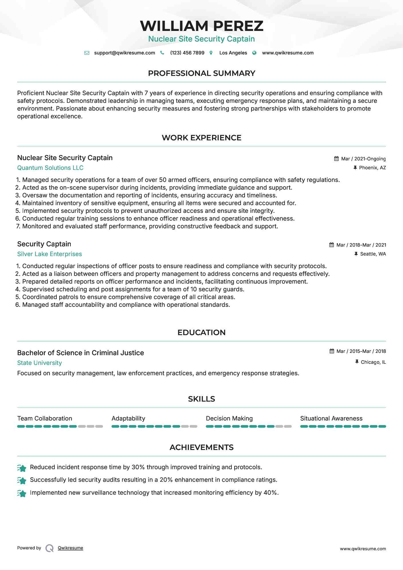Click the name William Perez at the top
(x=201, y=26)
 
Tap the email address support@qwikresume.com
(x=124, y=53)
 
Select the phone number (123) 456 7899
(x=187, y=53)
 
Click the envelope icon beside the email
(x=87, y=53)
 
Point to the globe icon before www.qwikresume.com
(x=254, y=53)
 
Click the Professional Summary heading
(x=201, y=73)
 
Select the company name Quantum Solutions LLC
(x=50, y=168)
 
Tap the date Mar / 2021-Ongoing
(x=363, y=159)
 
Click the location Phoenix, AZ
(x=372, y=168)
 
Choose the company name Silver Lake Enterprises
(x=49, y=254)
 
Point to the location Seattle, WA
(x=373, y=254)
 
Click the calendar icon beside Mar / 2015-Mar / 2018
(x=332, y=351)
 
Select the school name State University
(x=39, y=363)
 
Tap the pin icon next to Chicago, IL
(x=357, y=362)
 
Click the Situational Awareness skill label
(x=331, y=418)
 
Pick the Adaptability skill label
(x=128, y=418)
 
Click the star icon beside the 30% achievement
(x=22, y=468)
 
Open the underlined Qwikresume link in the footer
(x=70, y=548)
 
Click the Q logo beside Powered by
(x=50, y=548)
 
